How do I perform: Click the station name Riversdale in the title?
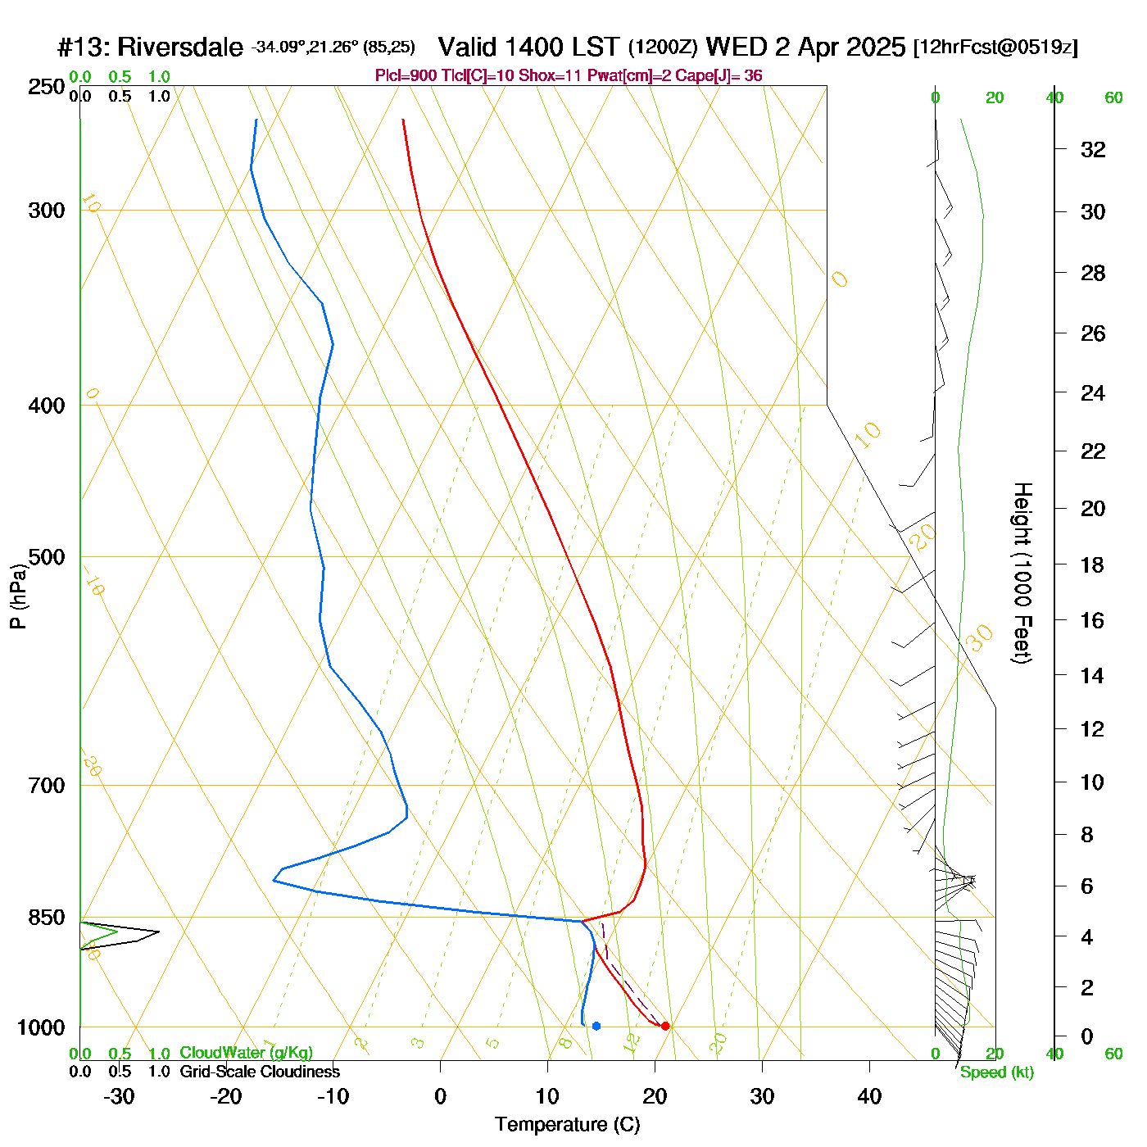(x=180, y=48)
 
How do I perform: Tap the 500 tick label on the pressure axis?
(x=47, y=557)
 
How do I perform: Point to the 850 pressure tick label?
(x=47, y=918)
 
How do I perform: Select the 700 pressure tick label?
(x=47, y=786)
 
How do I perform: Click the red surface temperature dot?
(x=665, y=1026)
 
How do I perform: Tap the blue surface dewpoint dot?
(x=596, y=1026)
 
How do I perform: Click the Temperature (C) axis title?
(x=567, y=1125)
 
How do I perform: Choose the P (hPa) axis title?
(x=18, y=596)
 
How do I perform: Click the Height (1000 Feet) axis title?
(x=1022, y=573)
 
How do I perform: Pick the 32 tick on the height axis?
(x=1093, y=149)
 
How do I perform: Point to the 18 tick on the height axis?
(x=1093, y=564)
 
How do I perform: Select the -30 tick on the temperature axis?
(x=119, y=1096)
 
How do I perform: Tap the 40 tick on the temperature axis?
(x=869, y=1096)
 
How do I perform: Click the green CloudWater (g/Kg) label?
(x=246, y=1053)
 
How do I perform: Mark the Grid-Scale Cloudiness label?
(x=260, y=1072)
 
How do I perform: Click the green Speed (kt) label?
(x=996, y=1072)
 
